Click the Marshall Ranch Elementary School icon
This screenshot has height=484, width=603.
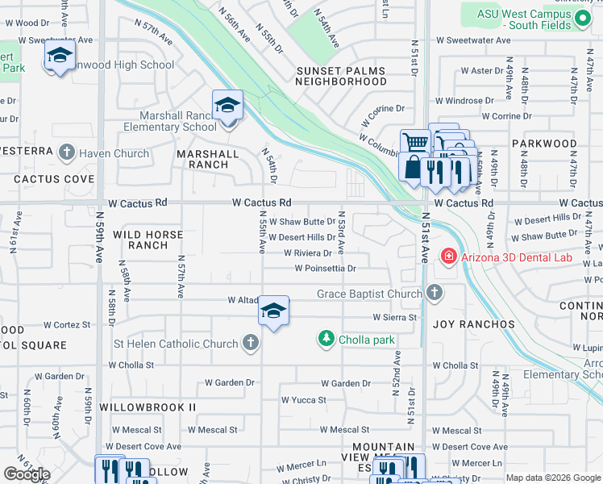click(227, 106)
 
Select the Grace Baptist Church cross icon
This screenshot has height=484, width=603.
click(435, 294)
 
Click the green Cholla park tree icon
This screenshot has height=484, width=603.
click(326, 340)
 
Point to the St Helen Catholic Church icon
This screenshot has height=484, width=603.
click(250, 344)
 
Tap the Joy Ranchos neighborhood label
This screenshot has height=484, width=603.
click(473, 324)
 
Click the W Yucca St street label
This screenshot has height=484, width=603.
click(303, 399)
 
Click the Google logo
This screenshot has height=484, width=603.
click(27, 474)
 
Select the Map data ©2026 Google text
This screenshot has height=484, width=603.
click(553, 478)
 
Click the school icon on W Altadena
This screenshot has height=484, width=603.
click(273, 311)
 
